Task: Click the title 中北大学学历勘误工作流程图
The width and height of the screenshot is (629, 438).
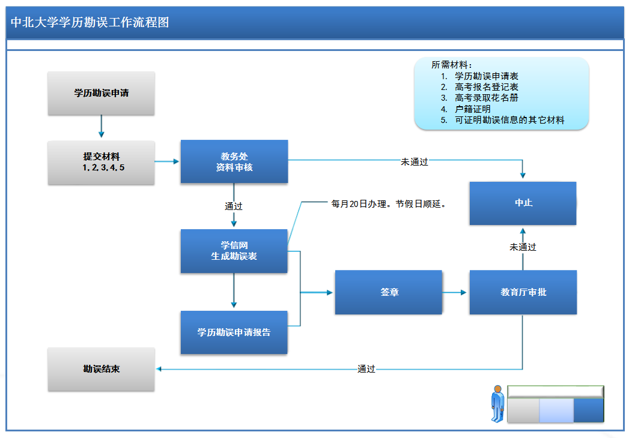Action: click(x=90, y=23)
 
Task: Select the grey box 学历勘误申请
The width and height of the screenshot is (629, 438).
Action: click(x=101, y=93)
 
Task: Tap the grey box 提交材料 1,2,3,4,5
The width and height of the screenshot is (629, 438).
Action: click(x=101, y=162)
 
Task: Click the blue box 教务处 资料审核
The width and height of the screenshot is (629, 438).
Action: click(x=234, y=161)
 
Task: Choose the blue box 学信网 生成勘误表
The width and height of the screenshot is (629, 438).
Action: click(x=234, y=251)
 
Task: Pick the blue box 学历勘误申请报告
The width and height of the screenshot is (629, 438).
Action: click(x=234, y=332)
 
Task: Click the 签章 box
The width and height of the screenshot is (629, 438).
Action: click(x=389, y=292)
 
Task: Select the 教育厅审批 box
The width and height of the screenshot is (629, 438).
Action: click(x=523, y=292)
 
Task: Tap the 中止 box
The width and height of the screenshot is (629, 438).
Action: click(x=523, y=203)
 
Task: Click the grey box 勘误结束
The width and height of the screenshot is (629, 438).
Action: click(x=101, y=369)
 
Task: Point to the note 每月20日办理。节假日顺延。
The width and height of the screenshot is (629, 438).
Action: click(x=389, y=204)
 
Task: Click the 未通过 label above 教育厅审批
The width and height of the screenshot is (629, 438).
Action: click(x=523, y=247)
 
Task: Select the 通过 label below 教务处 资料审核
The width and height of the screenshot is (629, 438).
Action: click(x=234, y=206)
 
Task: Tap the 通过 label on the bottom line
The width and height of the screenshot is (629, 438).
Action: click(x=366, y=369)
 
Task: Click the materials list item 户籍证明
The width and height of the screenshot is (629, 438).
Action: click(x=473, y=109)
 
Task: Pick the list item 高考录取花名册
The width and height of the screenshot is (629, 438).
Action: click(x=487, y=98)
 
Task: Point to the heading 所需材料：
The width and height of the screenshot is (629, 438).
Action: click(x=452, y=65)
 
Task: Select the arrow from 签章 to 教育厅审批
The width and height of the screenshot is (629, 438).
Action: click(x=455, y=292)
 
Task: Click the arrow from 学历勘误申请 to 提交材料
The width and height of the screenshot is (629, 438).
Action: click(x=101, y=127)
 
